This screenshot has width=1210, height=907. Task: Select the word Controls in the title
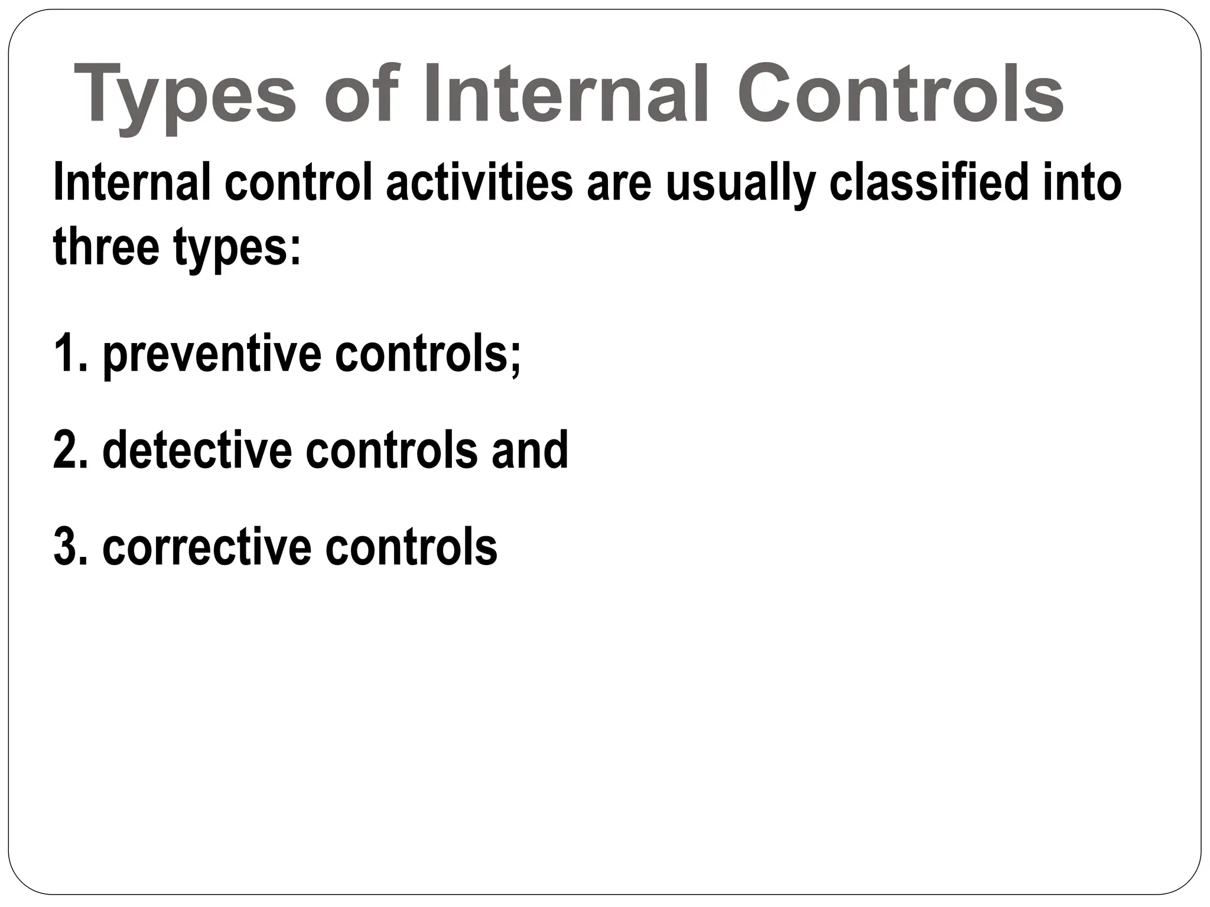pyautogui.click(x=899, y=94)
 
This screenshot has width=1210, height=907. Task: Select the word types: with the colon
pyautogui.click(x=237, y=249)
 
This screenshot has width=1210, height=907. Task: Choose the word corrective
pyautogui.click(x=207, y=547)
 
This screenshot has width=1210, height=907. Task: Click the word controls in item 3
pyautogui.click(x=411, y=547)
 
